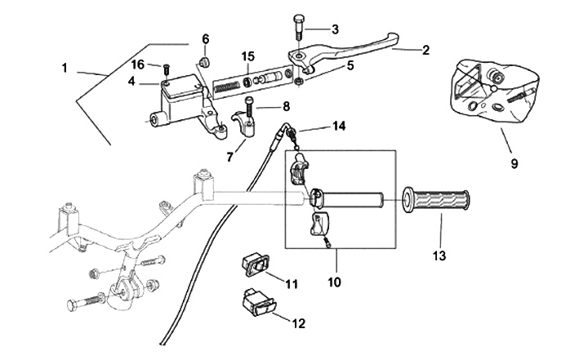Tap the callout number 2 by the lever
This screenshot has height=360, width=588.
point(426,51)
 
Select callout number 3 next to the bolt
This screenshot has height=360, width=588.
point(335,29)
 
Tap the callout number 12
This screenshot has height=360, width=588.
point(298,323)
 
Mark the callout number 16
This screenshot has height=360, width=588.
point(139,64)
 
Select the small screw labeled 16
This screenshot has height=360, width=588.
point(165,69)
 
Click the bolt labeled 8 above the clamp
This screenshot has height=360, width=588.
point(250,105)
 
